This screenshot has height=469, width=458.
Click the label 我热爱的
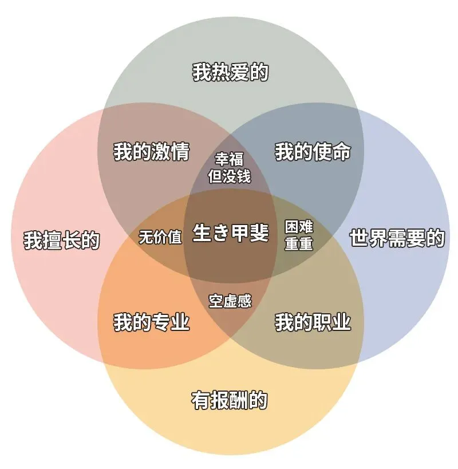pyautogui.click(x=230, y=73)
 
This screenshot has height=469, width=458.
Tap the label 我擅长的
pyautogui.click(x=61, y=241)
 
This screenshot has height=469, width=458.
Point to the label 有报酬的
pyautogui.click(x=229, y=400)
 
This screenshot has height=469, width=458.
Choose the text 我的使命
pyautogui.click(x=313, y=152)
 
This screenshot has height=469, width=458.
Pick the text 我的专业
pyautogui.click(x=151, y=322)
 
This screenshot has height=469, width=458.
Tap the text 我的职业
pyautogui.click(x=313, y=322)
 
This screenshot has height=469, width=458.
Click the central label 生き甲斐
pyautogui.click(x=230, y=233)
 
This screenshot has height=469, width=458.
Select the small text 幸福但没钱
pyautogui.click(x=230, y=167)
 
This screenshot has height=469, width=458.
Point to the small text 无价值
pyautogui.click(x=160, y=237)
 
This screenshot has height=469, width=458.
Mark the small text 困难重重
pyautogui.click(x=299, y=235)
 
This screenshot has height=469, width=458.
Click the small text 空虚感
pyautogui.click(x=230, y=301)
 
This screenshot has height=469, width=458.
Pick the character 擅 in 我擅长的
pyautogui.click(x=52, y=241)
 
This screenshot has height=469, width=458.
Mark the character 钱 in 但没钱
pyautogui.click(x=244, y=176)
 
